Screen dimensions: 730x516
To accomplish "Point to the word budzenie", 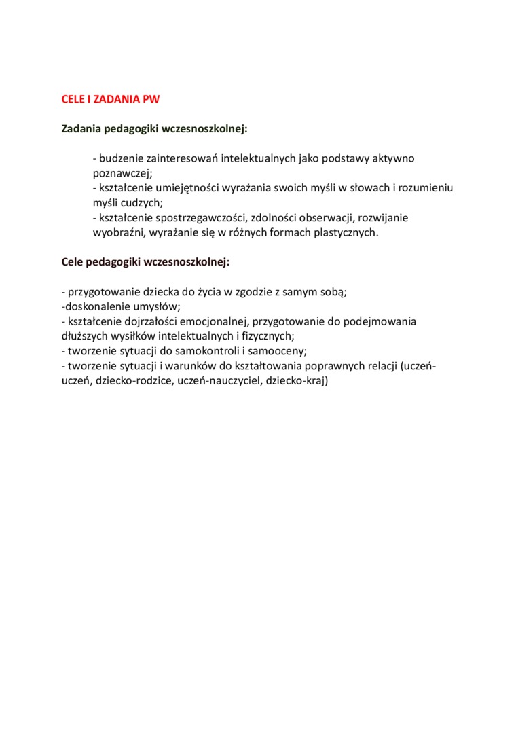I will pyautogui.click(x=122, y=158).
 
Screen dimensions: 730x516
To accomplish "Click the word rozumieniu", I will pyautogui.click(x=425, y=187).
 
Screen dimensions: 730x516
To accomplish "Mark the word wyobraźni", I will pyautogui.click(x=116, y=232).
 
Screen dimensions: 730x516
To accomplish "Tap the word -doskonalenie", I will pyautogui.click(x=92, y=306).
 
